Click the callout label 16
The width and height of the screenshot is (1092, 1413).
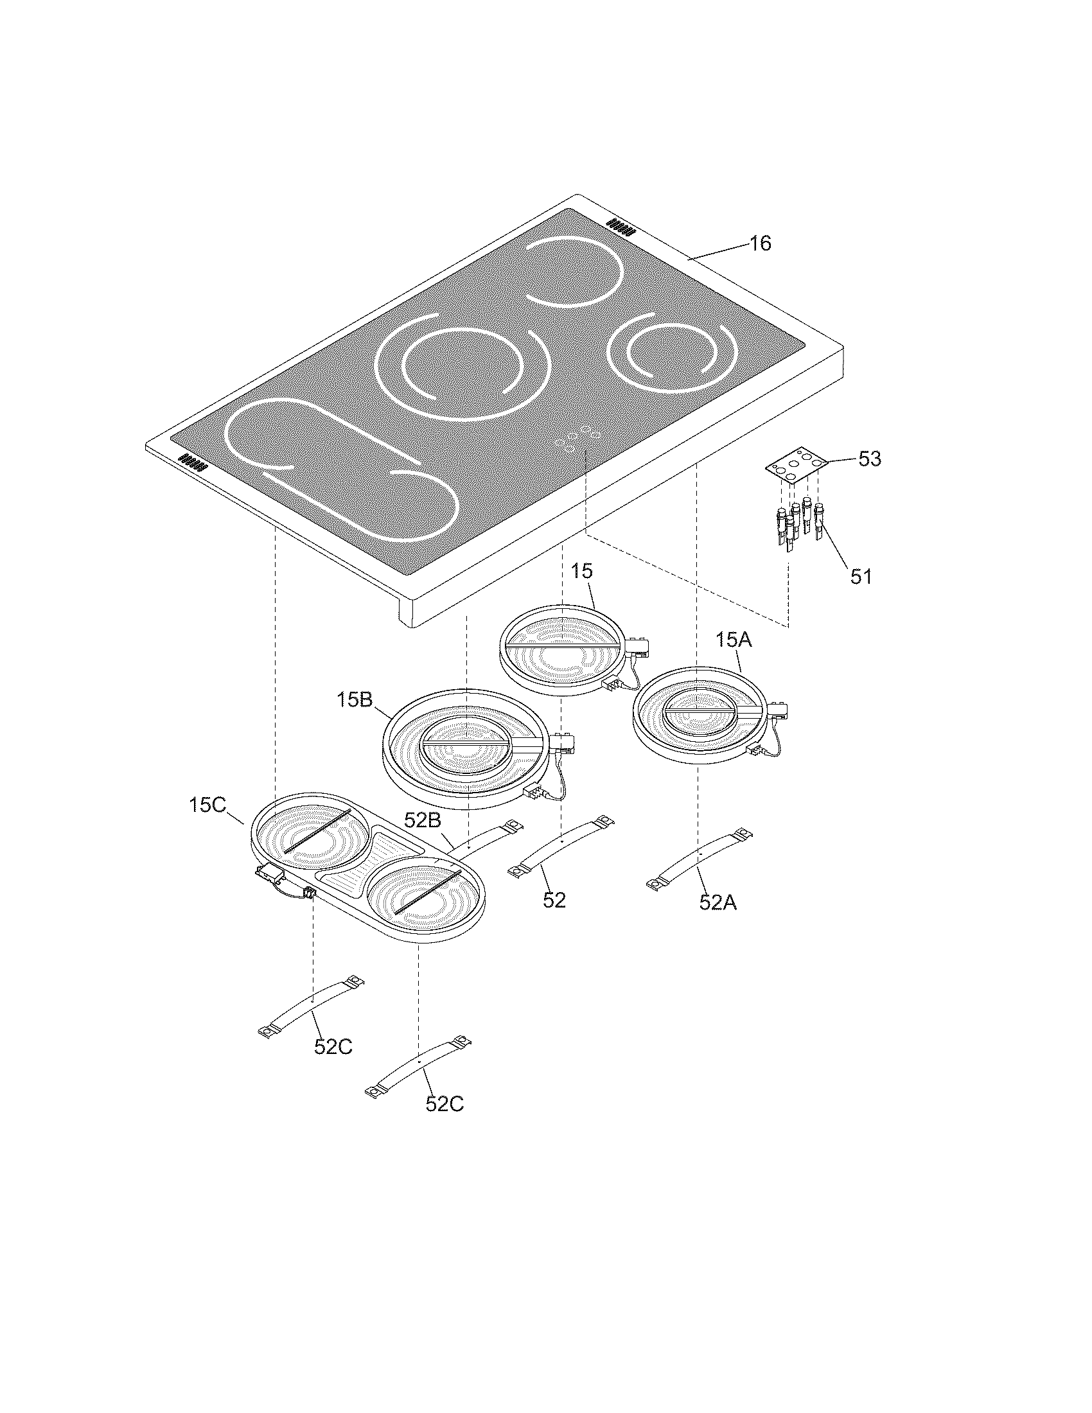tap(761, 244)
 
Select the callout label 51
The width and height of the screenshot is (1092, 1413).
tap(860, 576)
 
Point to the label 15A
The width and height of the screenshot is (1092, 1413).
tap(734, 640)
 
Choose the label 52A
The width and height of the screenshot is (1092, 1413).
tap(718, 902)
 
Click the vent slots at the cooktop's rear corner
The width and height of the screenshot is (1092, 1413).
tap(620, 226)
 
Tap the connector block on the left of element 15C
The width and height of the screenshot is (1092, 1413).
tap(270, 875)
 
